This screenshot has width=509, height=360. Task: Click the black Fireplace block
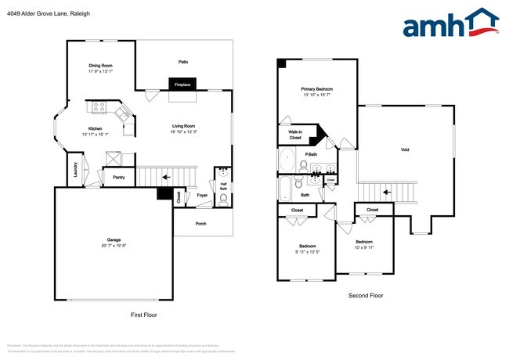pos(182,84)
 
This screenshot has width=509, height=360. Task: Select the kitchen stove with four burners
pos(100,107)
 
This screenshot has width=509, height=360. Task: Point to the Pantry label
pos(119,178)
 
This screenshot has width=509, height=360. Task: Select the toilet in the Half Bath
pos(223,199)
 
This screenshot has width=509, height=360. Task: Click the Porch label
pos(201,223)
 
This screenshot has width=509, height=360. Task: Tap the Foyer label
pos(202,196)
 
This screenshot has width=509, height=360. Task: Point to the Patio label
pos(182,62)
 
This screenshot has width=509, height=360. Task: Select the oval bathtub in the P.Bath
pos(287,160)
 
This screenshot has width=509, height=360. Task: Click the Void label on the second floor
pos(405,149)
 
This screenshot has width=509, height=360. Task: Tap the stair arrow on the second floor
pos(384,190)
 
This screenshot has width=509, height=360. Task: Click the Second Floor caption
pos(366,296)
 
